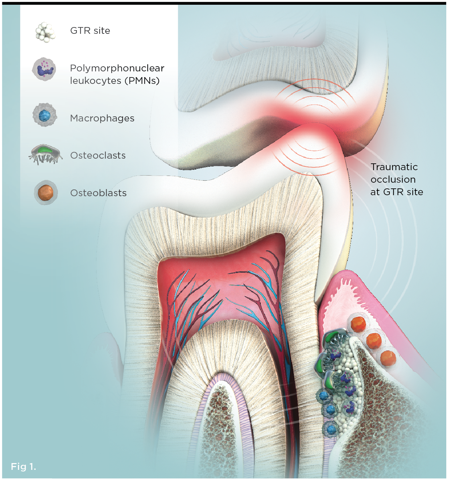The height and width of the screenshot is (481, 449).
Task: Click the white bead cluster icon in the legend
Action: tap(45, 32)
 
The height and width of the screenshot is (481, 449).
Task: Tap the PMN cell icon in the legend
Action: tap(44, 69)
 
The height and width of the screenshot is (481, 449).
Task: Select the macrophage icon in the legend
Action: tap(45, 116)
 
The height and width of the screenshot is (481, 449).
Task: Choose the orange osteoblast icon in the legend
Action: tap(46, 192)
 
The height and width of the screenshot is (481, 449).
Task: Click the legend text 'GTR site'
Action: tap(90, 31)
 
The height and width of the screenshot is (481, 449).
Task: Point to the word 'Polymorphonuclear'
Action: tap(117, 68)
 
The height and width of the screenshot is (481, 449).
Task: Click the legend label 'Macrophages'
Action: tap(102, 118)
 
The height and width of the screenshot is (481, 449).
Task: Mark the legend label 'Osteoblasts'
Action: tap(98, 193)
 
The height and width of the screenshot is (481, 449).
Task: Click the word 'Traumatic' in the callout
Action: tap(394, 167)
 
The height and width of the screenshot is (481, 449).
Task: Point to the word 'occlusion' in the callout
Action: tap(393, 180)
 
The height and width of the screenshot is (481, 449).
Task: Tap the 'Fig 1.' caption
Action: tap(23, 466)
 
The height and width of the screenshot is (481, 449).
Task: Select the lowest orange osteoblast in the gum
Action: tap(388, 359)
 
